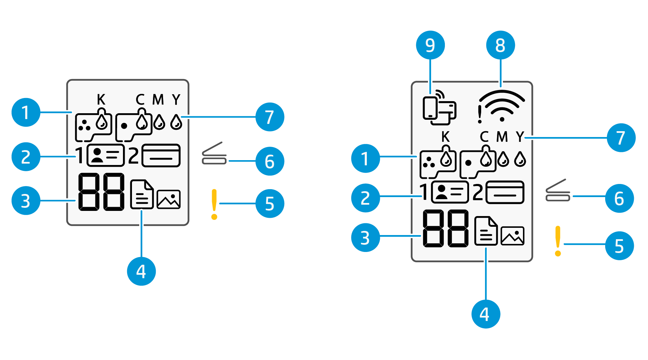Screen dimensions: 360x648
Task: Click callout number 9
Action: point(430,45)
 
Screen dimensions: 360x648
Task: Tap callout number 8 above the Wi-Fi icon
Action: point(500,45)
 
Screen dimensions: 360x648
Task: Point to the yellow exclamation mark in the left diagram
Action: point(214,204)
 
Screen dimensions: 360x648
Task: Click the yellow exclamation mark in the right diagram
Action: point(558,241)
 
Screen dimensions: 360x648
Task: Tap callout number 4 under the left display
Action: point(141,271)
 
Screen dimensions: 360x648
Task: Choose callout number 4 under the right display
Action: point(485,314)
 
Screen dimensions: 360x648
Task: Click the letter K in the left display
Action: point(101,100)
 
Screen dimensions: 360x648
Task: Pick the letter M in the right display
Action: point(502,137)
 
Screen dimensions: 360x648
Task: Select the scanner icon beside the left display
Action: point(214,154)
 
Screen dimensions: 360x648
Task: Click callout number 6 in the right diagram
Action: point(619,198)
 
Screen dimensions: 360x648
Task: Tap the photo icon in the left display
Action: point(169,200)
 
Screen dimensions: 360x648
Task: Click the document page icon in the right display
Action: point(485,231)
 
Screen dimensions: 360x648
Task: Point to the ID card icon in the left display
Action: point(105,155)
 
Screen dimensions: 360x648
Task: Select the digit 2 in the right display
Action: point(478,193)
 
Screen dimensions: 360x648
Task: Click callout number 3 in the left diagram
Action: point(26,201)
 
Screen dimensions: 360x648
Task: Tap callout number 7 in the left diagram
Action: point(270,117)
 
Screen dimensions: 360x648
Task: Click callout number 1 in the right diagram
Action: point(365,159)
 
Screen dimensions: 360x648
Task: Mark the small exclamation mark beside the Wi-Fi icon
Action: point(479,114)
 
